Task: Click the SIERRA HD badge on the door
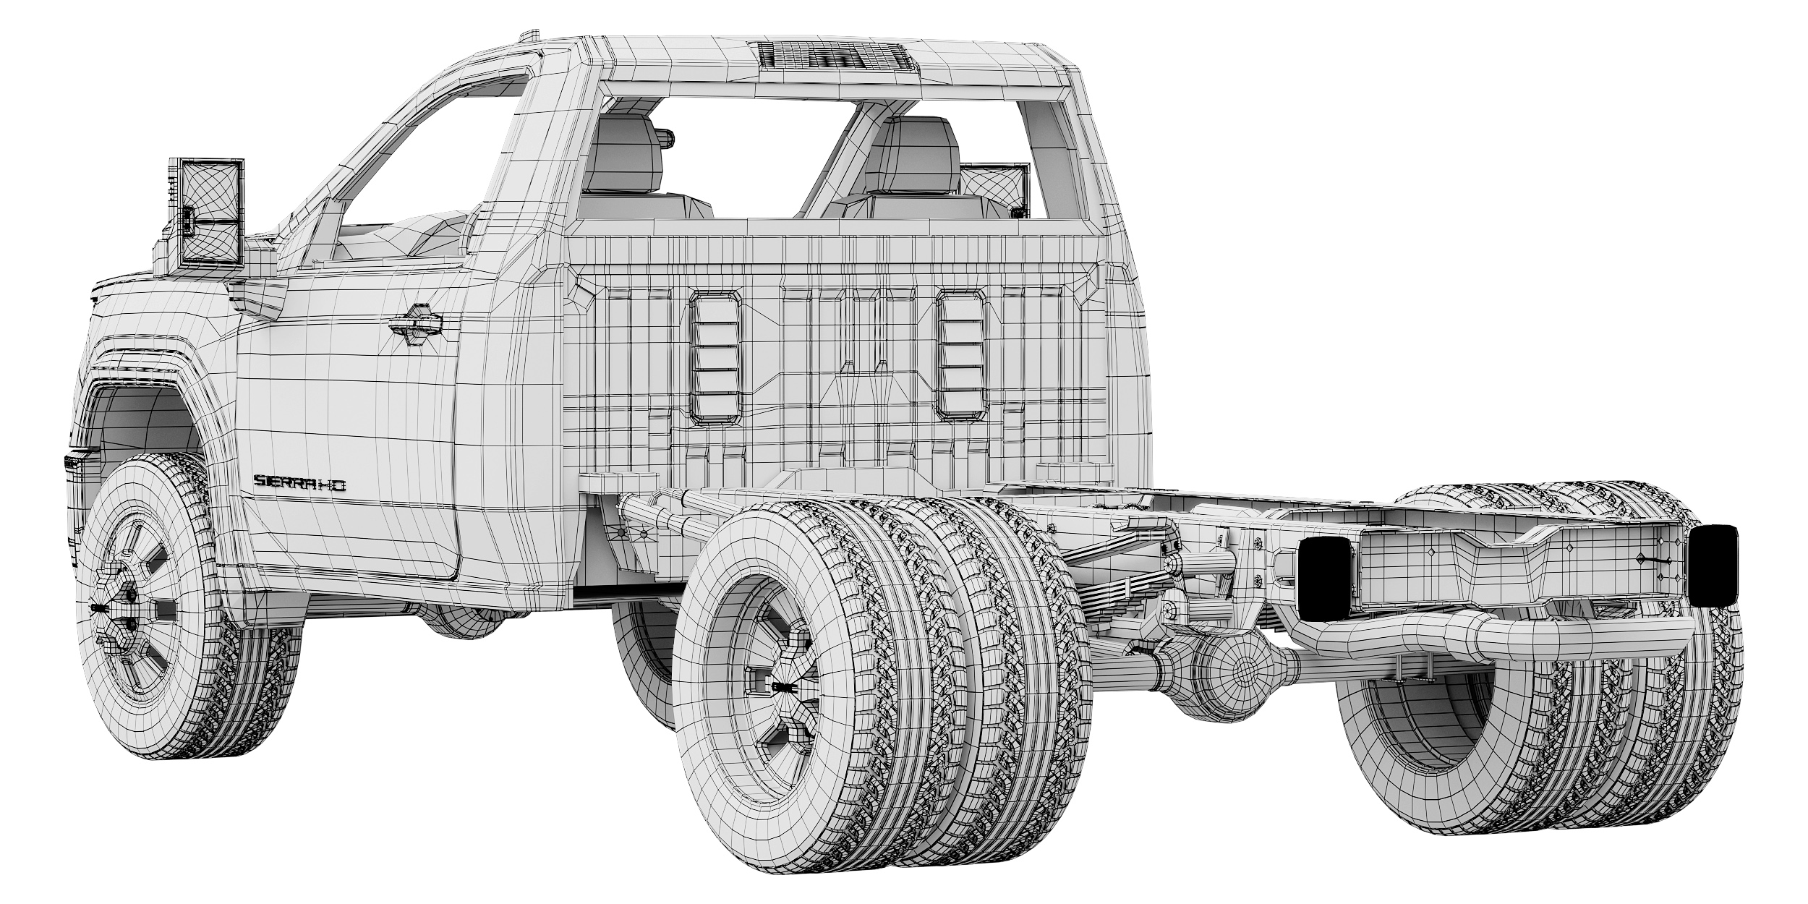(299, 482)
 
